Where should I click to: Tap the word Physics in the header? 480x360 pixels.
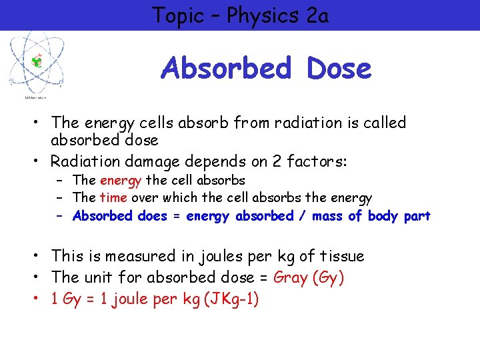262,15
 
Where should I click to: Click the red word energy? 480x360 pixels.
121,180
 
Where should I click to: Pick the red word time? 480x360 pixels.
113,198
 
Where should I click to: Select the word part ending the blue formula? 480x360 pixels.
417,216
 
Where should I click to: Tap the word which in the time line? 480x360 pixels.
176,198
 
